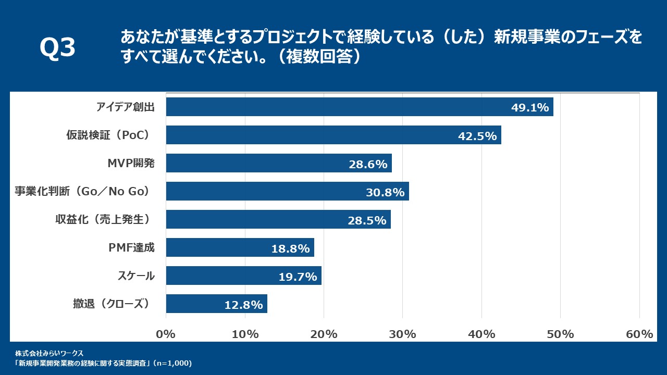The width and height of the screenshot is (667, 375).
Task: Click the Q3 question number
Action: tap(57, 48)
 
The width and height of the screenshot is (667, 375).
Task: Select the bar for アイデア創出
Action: tap(360, 107)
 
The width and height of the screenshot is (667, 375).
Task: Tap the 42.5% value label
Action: tap(477, 136)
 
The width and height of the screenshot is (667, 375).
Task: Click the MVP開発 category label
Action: tap(131, 164)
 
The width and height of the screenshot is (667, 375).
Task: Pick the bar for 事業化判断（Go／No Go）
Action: tap(287, 191)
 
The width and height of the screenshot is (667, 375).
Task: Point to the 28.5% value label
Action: tap(367, 220)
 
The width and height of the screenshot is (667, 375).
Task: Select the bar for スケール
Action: tap(243, 276)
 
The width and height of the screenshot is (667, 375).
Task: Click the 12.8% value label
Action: tap(243, 305)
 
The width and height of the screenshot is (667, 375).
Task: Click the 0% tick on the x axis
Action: tap(166, 334)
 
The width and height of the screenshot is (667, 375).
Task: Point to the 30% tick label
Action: tap(403, 334)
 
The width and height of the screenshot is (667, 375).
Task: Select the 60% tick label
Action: tap(639, 334)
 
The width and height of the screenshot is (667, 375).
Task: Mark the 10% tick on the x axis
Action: tap(245, 334)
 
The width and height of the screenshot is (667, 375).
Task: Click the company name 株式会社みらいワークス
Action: tap(56, 354)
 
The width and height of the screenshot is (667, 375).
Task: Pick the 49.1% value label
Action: tap(530, 108)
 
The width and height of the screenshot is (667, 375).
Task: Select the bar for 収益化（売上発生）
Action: tap(278, 219)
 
